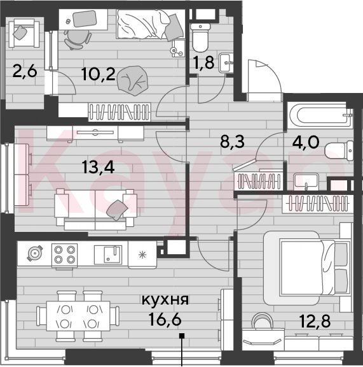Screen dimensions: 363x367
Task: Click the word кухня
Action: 165,300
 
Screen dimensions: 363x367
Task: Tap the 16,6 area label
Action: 165,319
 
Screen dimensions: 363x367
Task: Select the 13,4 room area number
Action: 99,168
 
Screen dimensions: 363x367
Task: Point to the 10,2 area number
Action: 99,74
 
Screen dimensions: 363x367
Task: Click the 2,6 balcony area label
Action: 25,71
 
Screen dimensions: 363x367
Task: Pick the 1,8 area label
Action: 204,63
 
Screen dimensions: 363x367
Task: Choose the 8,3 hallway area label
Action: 233,141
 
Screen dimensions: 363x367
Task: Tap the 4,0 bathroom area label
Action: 306,142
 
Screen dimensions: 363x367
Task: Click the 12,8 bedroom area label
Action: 315,321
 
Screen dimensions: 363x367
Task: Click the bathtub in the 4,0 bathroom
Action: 320,115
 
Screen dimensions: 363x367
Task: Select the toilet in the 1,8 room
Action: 200,38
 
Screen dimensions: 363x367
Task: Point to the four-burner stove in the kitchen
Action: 64,255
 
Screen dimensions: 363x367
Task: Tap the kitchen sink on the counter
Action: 108,255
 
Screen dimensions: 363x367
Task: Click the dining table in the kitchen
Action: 78,316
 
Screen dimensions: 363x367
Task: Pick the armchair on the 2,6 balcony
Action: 24,33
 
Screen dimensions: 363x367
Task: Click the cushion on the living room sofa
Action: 117,210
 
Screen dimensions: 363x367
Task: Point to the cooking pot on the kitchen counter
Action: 35,253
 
